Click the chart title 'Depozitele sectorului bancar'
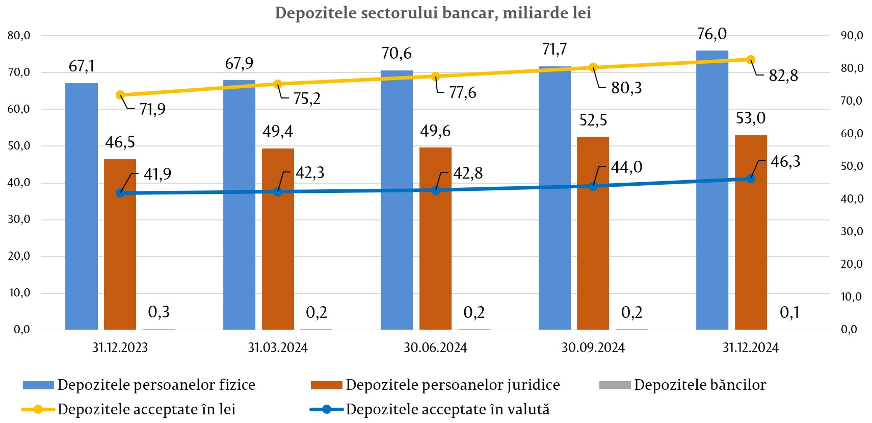point(433,13)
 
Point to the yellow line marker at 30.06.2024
point(436,77)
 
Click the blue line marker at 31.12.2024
point(751,179)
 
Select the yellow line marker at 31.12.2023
point(120,95)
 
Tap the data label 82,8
point(783,76)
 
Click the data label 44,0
point(627,167)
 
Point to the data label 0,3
point(158,312)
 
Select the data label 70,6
point(397,53)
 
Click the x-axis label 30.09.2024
point(593,348)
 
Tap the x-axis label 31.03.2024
point(278,348)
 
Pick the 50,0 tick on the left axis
point(19,146)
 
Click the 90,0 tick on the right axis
point(852,36)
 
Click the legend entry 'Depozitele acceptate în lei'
point(146,409)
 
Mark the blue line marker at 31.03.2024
point(278,191)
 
